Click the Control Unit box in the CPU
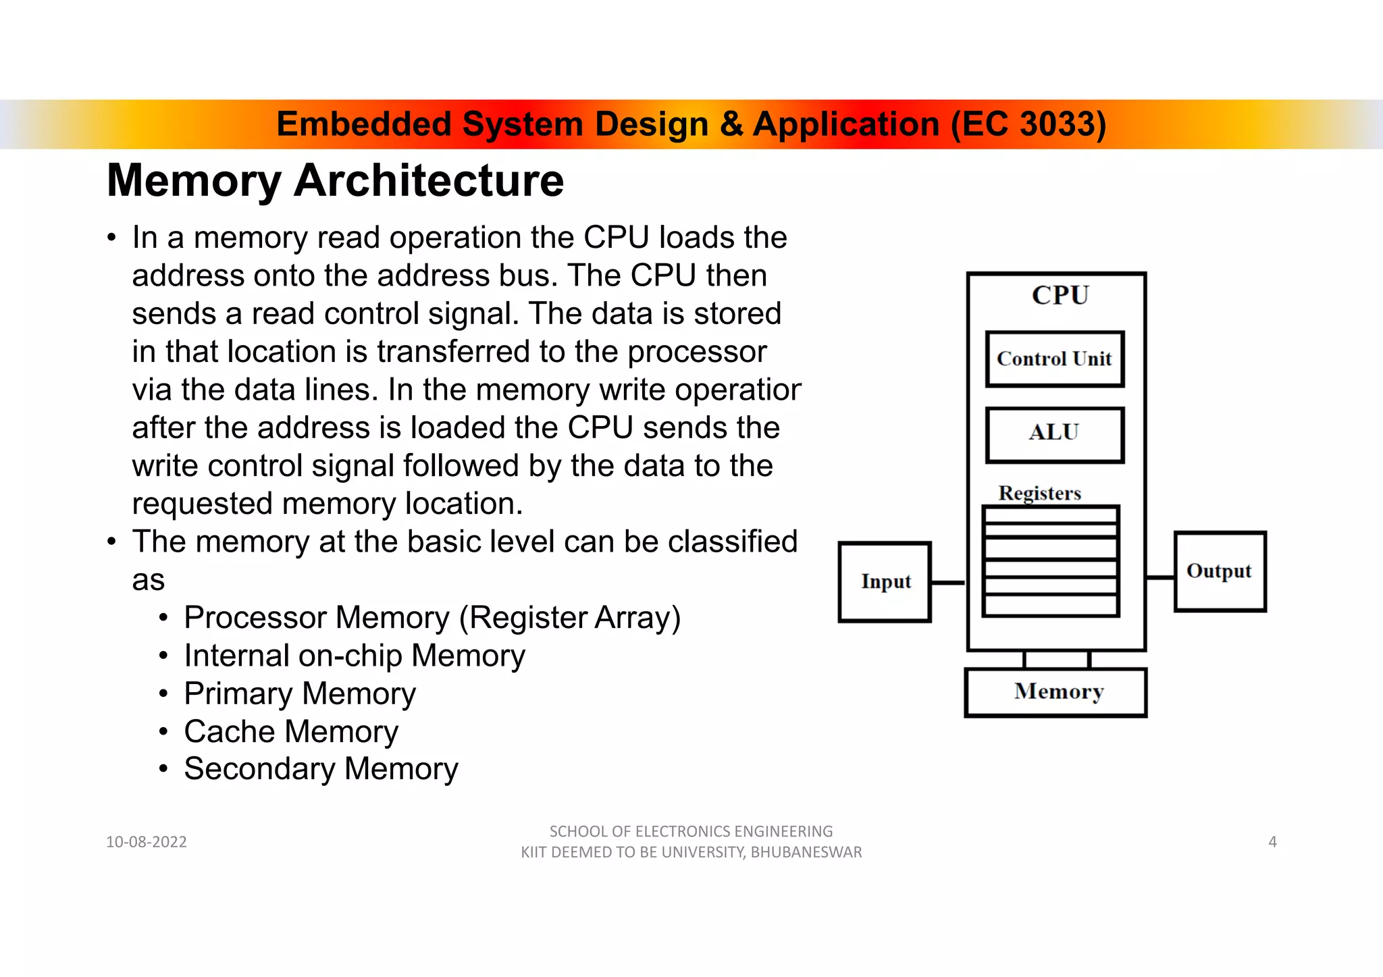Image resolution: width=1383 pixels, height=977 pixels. [1054, 359]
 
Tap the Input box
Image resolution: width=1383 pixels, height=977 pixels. [885, 581]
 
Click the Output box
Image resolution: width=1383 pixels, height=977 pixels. [1220, 571]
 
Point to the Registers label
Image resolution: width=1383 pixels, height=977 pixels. [1039, 493]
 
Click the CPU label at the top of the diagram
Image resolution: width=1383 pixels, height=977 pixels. [1060, 296]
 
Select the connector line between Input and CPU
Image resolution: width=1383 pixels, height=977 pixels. [948, 582]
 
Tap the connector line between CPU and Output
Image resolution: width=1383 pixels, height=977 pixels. [1160, 577]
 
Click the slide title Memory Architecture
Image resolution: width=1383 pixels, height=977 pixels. [335, 181]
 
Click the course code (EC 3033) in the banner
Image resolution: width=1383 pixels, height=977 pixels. [1028, 124]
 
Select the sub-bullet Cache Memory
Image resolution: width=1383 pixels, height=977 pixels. [291, 731]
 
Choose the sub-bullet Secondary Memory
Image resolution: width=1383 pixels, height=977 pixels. [321, 769]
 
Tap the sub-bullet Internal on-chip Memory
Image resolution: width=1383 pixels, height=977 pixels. [355, 656]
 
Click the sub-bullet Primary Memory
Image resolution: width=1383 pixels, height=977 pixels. [300, 693]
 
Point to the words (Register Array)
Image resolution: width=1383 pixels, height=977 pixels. [569, 618]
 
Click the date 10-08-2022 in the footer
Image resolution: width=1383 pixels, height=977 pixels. [147, 842]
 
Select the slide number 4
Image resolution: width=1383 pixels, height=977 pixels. [1272, 842]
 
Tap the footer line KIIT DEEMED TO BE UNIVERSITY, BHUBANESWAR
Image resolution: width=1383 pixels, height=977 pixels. [691, 853]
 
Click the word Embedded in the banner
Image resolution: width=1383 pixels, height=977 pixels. [363, 124]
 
